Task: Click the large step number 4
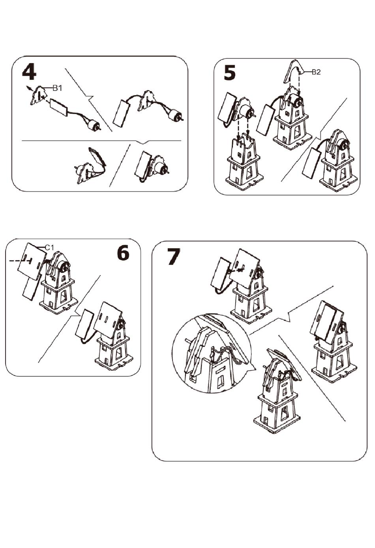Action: pos(29,72)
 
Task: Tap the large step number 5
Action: pos(230,73)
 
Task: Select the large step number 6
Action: pos(123,253)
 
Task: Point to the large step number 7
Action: pos(174,256)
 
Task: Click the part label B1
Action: pos(58,88)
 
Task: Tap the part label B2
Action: pos(316,72)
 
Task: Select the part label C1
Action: pos(49,248)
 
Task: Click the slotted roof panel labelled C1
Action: pos(32,261)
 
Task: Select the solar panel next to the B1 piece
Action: pos(59,107)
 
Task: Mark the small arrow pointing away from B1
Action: pos(29,88)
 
